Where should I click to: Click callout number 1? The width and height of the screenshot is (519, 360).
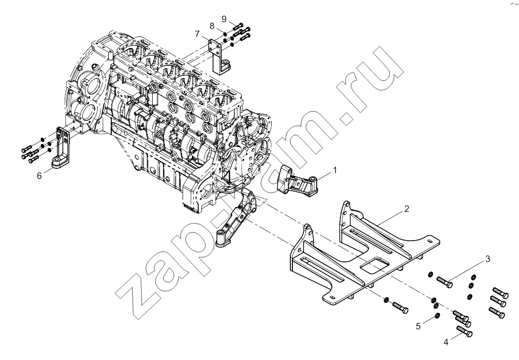tap(335, 170)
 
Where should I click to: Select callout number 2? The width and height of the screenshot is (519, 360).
tap(407, 209)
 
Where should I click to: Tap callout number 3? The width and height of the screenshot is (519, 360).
tap(488, 259)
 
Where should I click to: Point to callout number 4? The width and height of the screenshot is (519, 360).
tap(446, 342)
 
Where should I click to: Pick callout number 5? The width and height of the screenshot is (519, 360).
tap(418, 326)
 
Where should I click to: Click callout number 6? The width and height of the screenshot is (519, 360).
tap(39, 175)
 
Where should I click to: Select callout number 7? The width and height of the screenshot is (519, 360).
tap(197, 34)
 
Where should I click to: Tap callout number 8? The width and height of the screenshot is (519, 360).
tap(212, 26)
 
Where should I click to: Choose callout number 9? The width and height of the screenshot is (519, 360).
tap(224, 19)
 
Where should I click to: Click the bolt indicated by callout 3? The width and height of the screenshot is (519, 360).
tap(445, 282)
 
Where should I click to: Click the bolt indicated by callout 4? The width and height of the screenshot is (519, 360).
tap(464, 331)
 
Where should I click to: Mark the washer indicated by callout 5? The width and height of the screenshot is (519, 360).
tap(437, 314)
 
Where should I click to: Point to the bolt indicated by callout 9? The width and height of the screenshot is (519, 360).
tap(238, 26)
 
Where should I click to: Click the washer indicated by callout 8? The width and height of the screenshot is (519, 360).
tap(225, 33)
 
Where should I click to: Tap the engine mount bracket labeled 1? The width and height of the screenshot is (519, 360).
tap(296, 181)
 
